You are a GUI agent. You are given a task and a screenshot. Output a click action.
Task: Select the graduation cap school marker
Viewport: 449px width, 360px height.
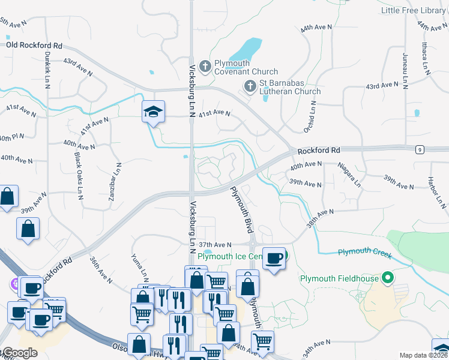pyautogui.click(x=153, y=112)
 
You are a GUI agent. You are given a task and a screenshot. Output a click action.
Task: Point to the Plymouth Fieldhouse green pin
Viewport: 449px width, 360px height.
pyautogui.click(x=388, y=278)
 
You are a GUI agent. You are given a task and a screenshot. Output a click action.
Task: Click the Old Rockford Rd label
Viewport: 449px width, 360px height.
pyautogui.click(x=34, y=45)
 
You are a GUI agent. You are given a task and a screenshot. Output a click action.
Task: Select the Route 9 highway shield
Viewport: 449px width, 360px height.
pyautogui.click(x=420, y=149)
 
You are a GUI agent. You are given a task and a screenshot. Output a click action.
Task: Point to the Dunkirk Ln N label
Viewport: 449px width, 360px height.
pyautogui.click(x=47, y=68)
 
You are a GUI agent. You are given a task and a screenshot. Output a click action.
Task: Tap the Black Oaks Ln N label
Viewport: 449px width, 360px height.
pyautogui.click(x=79, y=176)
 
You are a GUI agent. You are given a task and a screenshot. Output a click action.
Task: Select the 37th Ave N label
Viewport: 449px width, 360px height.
pyautogui.click(x=215, y=245)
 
